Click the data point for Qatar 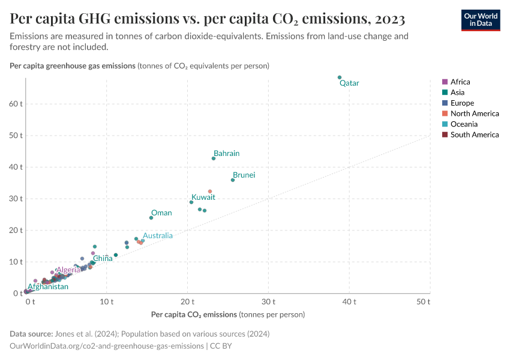coord(340,77)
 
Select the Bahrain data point coord(214,158)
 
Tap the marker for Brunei coord(233,180)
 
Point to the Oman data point coord(151,218)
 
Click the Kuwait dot coord(191,202)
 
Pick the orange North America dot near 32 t coord(210,191)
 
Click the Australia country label coord(158,236)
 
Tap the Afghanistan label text coord(48,287)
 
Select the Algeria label coord(68,270)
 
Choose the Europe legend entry coord(462,103)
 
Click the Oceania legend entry coord(464,124)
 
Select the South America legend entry coord(474,135)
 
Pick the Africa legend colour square coord(445,82)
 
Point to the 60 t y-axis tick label coord(16,104)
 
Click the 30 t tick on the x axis coord(269,301)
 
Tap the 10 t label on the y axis coord(16,262)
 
